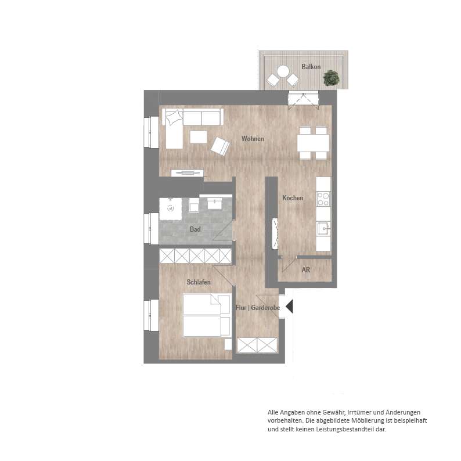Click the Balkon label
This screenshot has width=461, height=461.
click(311, 67)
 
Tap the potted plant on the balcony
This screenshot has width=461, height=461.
click(332, 78)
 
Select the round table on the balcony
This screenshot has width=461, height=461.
click(283, 71)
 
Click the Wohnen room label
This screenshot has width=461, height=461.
click(253, 139)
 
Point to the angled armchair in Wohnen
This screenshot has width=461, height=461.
click(220, 146)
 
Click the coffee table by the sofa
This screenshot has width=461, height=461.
click(199, 137)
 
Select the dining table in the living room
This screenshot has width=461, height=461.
click(313, 143)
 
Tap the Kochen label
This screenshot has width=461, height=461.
click(293, 198)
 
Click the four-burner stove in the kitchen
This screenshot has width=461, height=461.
click(323, 199)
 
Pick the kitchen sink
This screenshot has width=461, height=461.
click(324, 229)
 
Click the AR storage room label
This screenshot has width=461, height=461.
click(306, 269)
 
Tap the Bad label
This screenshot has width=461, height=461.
click(195, 229)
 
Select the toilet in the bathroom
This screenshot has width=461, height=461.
click(194, 205)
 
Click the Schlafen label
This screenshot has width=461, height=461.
click(199, 282)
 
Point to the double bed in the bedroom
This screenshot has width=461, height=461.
click(206, 315)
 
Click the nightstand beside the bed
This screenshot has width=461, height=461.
click(228, 344)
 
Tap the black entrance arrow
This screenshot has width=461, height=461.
click(289, 307)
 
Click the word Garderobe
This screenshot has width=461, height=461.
click(265, 308)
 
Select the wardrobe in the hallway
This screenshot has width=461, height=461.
click(257, 345)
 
